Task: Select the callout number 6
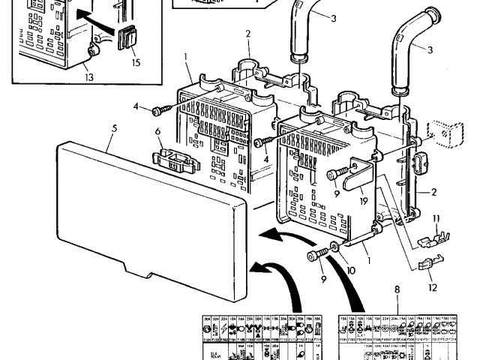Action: coord(158,133)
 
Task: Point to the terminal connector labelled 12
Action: coord(426,266)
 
